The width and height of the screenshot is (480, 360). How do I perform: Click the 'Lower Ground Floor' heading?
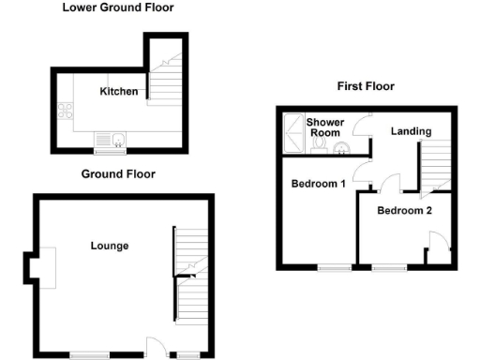click(x=117, y=7)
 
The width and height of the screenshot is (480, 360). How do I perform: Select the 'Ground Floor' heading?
click(x=118, y=173)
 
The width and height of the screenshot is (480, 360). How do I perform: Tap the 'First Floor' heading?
click(x=366, y=86)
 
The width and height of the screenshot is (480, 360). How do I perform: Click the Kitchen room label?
click(x=120, y=92)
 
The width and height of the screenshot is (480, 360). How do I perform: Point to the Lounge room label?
click(x=109, y=246)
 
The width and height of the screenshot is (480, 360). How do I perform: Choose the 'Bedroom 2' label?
click(x=404, y=211)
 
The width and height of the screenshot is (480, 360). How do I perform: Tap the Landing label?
click(x=411, y=131)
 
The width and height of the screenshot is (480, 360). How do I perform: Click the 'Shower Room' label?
click(x=326, y=127)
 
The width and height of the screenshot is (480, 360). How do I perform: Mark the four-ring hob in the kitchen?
click(x=67, y=112)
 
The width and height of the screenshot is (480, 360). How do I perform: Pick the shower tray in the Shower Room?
click(x=293, y=133)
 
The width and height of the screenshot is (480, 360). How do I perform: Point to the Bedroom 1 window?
click(x=330, y=269)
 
